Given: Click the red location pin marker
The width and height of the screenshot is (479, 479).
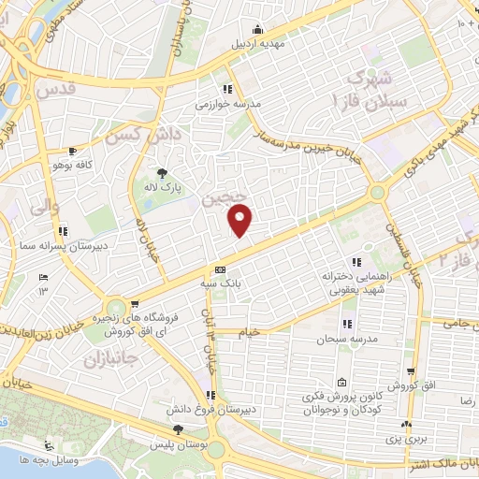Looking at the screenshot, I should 241,220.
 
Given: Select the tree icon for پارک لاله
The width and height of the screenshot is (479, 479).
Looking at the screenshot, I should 162,172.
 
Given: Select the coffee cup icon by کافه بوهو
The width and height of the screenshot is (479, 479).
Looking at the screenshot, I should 72,151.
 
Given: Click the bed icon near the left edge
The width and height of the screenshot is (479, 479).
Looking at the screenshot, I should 42,278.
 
